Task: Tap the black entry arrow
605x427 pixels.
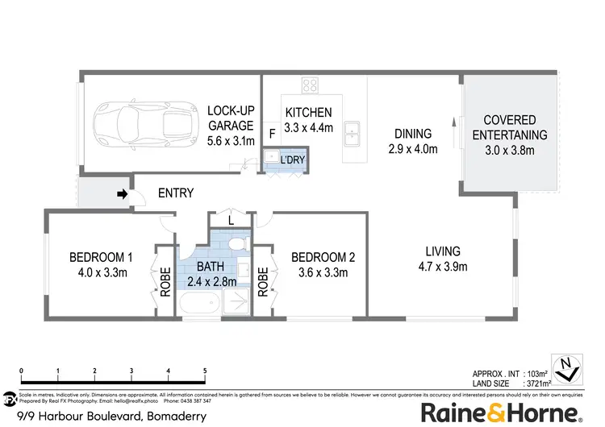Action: point(122,194)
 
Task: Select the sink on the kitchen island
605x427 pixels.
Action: point(351,131)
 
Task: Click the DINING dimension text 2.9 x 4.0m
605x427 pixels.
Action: point(413,149)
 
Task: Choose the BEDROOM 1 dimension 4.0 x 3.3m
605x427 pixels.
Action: point(101,272)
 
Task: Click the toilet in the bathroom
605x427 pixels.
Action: point(234,243)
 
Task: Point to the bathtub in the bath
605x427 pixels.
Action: point(198,305)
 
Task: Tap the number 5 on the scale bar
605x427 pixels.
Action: point(205,371)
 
